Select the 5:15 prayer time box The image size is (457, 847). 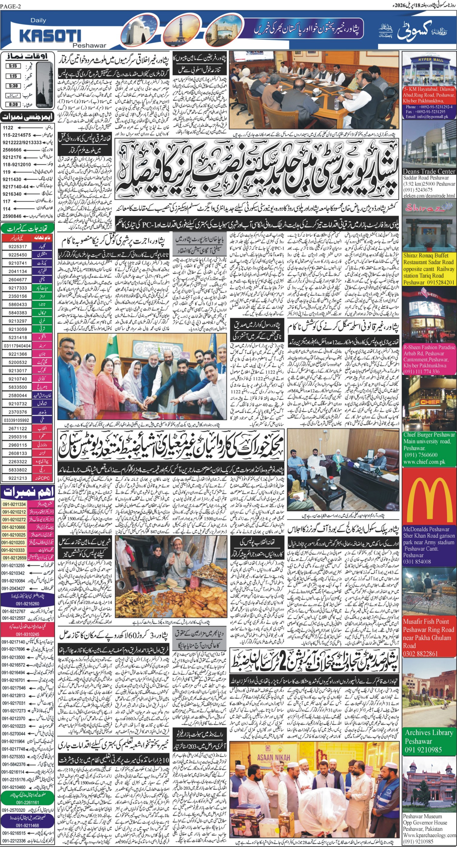[13, 66]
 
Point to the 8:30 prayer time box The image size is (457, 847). [13, 104]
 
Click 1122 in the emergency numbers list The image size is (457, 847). [8, 127]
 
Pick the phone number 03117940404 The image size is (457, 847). [17, 346]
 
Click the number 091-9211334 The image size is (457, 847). [14, 504]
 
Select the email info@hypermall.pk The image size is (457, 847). [427, 117]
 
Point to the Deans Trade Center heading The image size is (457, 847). [429, 171]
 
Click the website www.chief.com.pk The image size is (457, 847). [424, 462]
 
